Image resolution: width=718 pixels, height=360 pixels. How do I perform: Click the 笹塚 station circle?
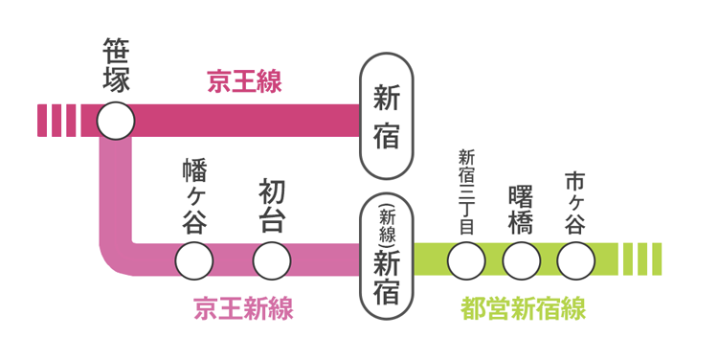[x=115, y=121]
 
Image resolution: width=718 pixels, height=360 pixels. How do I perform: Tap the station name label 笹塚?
[x=115, y=66]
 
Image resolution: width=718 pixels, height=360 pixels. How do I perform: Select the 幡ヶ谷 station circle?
[x=194, y=259]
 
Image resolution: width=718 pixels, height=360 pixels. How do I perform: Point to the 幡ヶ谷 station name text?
[x=194, y=197]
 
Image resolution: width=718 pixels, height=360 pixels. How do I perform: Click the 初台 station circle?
[x=271, y=259]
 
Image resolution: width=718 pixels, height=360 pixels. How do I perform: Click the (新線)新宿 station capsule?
[x=386, y=256]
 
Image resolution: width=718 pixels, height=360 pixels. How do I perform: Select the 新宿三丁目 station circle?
[x=466, y=259]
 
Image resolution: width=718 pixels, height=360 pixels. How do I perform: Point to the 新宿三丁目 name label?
[x=466, y=192]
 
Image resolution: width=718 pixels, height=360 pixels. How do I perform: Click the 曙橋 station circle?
[x=522, y=259]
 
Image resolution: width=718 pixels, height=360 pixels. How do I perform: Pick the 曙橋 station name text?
[x=522, y=205]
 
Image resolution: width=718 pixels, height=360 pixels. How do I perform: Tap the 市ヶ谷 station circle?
[x=575, y=259]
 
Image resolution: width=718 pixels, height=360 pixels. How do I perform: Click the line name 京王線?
[x=244, y=81]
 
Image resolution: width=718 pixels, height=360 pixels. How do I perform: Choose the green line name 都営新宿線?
[x=523, y=309]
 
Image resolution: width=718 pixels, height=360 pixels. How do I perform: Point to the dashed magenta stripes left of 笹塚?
[x=56, y=121]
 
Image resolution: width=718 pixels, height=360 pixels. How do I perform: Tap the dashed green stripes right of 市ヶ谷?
[x=640, y=259]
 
